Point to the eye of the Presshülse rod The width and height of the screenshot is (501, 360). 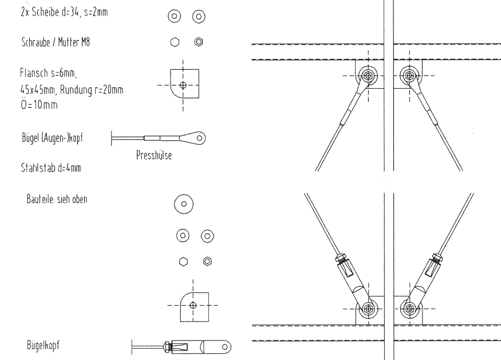(199, 137)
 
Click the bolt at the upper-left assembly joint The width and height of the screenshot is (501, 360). (368, 74)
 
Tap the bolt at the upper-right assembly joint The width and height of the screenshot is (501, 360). (409, 74)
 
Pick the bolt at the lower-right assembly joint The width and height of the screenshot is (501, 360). (410, 307)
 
